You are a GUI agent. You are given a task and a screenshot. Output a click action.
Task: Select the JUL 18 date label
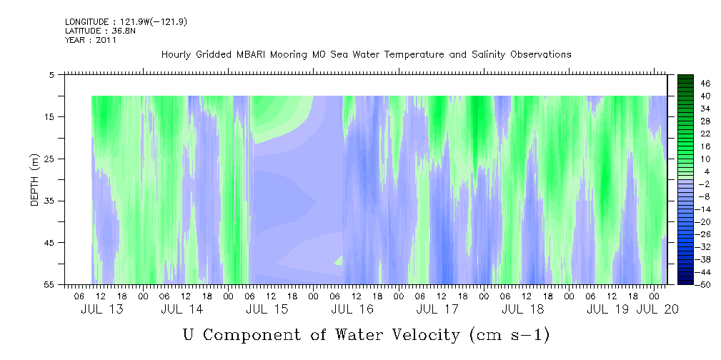tap(522, 309)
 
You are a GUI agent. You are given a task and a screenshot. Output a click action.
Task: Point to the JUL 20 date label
tap(657, 309)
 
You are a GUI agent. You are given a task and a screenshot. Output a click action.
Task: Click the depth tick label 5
tap(52, 74)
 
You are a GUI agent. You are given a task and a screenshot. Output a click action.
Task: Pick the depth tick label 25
tap(50, 159)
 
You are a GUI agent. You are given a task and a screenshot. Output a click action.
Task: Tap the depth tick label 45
tap(50, 243)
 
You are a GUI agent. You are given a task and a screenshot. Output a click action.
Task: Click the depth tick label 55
tap(50, 284)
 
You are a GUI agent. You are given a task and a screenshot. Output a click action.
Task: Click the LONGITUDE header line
tap(126, 22)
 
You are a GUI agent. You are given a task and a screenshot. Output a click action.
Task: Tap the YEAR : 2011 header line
tap(91, 40)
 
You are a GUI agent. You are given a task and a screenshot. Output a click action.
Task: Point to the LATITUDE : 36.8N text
tap(100, 31)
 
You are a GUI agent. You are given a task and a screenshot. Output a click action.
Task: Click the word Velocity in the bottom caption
tap(422, 334)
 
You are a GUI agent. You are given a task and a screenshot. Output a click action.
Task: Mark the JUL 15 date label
tap(267, 309)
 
